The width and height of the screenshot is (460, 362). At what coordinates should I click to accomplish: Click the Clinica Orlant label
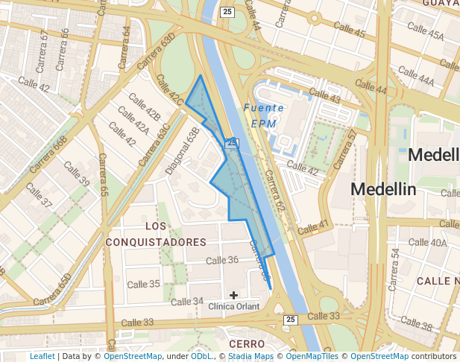[234, 307]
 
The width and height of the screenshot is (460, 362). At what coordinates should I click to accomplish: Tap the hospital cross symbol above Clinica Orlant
[234, 295]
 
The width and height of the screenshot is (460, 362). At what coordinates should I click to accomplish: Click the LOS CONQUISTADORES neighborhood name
[156, 234]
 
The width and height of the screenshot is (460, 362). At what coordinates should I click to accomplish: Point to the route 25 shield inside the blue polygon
[233, 142]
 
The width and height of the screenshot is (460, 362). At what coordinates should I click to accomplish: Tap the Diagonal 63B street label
[183, 150]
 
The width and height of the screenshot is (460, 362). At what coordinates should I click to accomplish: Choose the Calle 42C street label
[169, 89]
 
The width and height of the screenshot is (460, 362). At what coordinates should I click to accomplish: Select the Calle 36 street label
[221, 260]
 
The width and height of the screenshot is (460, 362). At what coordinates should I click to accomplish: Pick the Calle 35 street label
[143, 284]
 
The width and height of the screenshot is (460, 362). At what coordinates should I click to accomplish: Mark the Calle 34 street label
[187, 302]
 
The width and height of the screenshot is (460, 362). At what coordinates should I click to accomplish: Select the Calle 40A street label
[428, 242]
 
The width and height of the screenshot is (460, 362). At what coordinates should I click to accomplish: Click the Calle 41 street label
[312, 228]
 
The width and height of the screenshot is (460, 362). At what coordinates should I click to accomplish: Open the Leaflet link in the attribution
[42, 357]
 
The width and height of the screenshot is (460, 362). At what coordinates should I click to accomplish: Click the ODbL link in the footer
[201, 357]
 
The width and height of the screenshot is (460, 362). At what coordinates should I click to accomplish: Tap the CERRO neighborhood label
[247, 343]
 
